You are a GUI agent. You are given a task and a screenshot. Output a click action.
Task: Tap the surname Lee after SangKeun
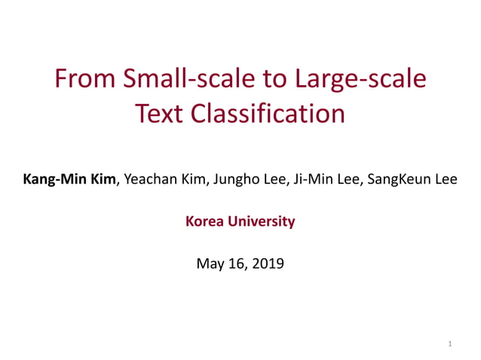(x=443, y=180)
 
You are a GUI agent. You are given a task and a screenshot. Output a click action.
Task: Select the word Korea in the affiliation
(x=205, y=221)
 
